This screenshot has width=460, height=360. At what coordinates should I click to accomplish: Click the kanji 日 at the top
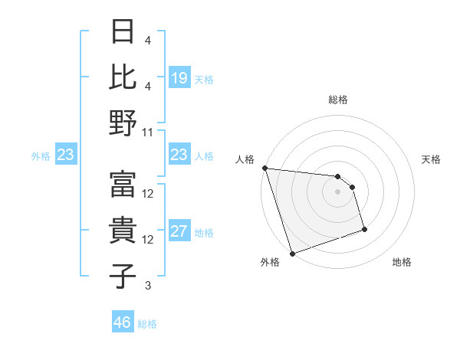point(123,33)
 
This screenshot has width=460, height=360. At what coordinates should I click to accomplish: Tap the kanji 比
point(123,77)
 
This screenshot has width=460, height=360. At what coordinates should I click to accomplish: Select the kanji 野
point(123,123)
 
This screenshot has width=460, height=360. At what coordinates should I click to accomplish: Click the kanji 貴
point(123,230)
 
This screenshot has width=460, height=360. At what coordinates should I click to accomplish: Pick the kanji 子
point(123,276)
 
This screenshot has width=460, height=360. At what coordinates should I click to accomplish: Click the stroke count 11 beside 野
point(148,132)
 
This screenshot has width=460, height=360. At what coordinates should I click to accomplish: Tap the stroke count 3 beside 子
point(148,286)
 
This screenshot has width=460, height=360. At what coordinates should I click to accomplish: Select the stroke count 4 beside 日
point(148,40)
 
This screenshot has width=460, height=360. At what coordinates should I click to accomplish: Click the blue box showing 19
point(179,78)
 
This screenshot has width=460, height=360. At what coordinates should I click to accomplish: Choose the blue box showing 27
point(179,231)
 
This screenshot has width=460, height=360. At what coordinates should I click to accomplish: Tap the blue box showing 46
point(123,322)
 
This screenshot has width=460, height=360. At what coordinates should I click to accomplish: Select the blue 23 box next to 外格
point(66,155)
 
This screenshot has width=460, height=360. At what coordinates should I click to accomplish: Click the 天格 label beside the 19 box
point(204,79)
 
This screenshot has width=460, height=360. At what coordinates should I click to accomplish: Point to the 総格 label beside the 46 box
point(148,323)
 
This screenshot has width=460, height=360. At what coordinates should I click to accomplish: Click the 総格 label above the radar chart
point(337,100)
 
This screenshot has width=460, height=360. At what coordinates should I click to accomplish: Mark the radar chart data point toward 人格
point(264,168)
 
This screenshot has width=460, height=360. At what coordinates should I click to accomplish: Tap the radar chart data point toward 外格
point(292,254)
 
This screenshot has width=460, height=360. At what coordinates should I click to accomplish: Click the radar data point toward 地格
point(364,229)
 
